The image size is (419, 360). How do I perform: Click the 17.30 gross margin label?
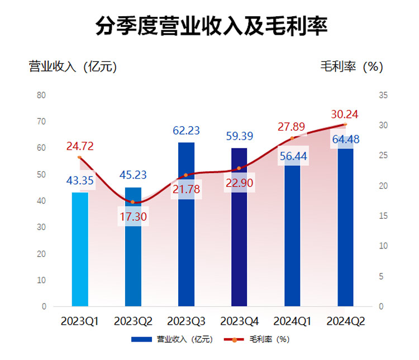click(x=133, y=217)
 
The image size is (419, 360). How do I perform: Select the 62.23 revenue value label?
click(x=187, y=132)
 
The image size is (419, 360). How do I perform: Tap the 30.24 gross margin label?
click(x=345, y=114)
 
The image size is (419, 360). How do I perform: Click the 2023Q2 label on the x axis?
click(x=133, y=321)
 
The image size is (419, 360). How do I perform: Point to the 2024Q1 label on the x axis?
click(x=293, y=321)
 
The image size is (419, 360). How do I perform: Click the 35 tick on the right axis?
click(x=383, y=95)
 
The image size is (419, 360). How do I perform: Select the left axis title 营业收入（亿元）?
click(x=73, y=66)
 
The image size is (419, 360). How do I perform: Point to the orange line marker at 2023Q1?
click(x=80, y=157)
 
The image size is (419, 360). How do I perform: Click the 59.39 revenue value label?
click(x=239, y=136)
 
